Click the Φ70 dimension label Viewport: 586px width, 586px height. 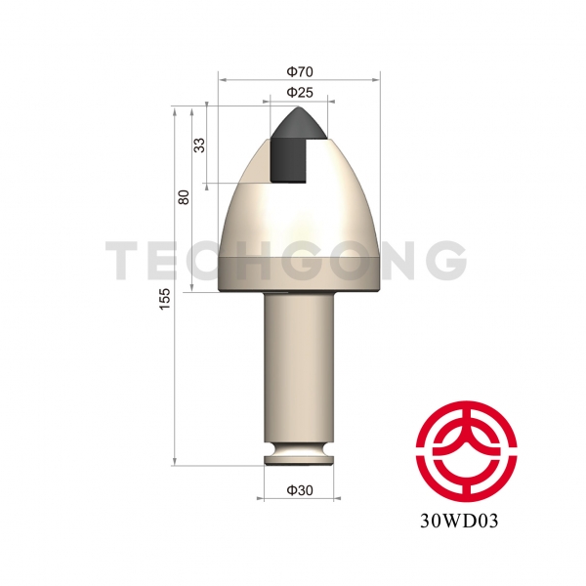tap(300, 70)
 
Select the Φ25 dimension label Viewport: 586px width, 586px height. tap(300, 92)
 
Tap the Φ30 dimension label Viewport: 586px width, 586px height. tap(300, 490)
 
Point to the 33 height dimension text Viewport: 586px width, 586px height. tap(199, 145)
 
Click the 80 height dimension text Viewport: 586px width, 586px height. tap(184, 197)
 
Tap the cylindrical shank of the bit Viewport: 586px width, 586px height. tap(300, 371)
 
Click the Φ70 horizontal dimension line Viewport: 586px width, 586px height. tap(300, 80)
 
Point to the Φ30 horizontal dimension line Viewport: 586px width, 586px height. tap(300, 500)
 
